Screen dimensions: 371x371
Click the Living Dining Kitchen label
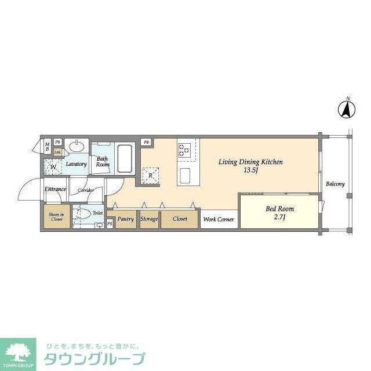pyautogui.click(x=250, y=166)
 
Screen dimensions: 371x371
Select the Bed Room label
pyautogui.click(x=280, y=212)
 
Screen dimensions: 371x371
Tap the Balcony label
pyautogui.click(x=334, y=184)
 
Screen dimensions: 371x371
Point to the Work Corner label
pyautogui.click(x=218, y=219)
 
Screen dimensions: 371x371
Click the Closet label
pyautogui.click(x=180, y=219)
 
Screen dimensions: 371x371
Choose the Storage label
pyautogui.click(x=149, y=219)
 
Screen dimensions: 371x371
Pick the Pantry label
pyautogui.click(x=126, y=219)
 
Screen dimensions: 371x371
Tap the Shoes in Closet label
pyautogui.click(x=56, y=216)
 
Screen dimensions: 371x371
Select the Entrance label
pyautogui.click(x=56, y=190)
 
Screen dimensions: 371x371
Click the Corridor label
pyautogui.click(x=86, y=190)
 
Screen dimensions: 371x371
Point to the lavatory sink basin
pyautogui.click(x=75, y=146)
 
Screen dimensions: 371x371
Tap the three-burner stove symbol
pyautogui.click(x=185, y=150)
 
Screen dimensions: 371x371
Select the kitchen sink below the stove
pyautogui.click(x=185, y=174)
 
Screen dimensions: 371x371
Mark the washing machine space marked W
pyautogui.click(x=53, y=168)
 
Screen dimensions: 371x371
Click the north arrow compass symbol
pyautogui.click(x=347, y=108)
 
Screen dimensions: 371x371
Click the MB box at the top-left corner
pyautogui.click(x=47, y=146)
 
